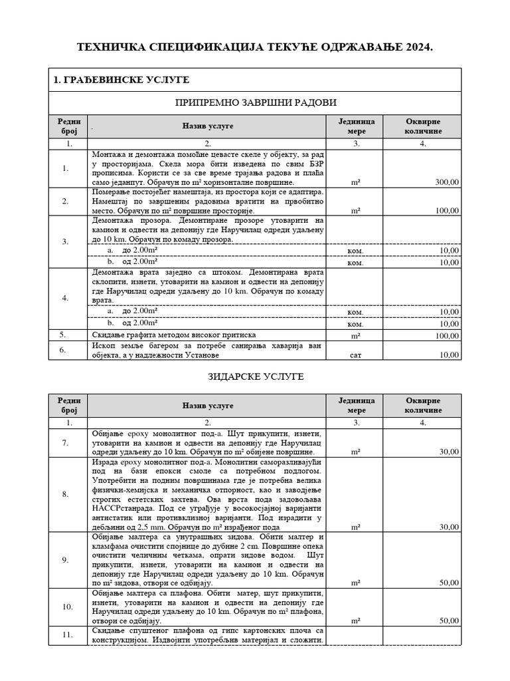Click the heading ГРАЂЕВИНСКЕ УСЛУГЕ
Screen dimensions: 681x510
click(122, 80)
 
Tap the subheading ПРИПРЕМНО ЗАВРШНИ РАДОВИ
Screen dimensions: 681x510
click(255, 102)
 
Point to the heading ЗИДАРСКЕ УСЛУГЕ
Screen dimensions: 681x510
click(255, 376)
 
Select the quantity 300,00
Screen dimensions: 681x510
click(445, 182)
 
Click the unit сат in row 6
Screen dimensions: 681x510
click(355, 355)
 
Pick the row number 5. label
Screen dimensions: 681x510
click(64, 335)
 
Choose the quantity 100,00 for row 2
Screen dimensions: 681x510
click(445, 211)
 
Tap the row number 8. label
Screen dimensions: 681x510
click(65, 494)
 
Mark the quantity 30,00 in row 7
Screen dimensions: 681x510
click(448, 452)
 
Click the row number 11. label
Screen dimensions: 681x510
click(65, 635)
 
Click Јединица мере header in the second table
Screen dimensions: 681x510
click(357, 405)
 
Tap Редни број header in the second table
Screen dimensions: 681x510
click(69, 405)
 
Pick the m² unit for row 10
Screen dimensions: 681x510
click(355, 620)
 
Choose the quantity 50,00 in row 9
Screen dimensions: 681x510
click(448, 583)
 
